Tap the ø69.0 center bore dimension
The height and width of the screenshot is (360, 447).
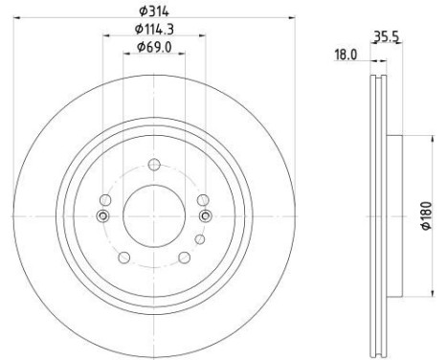(153, 47)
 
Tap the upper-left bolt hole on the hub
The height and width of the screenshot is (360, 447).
(105, 199)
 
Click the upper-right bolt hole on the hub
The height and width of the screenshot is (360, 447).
(202, 199)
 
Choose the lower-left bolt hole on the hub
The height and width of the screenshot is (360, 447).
(123, 256)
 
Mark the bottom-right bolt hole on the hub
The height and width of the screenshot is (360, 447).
(183, 256)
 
